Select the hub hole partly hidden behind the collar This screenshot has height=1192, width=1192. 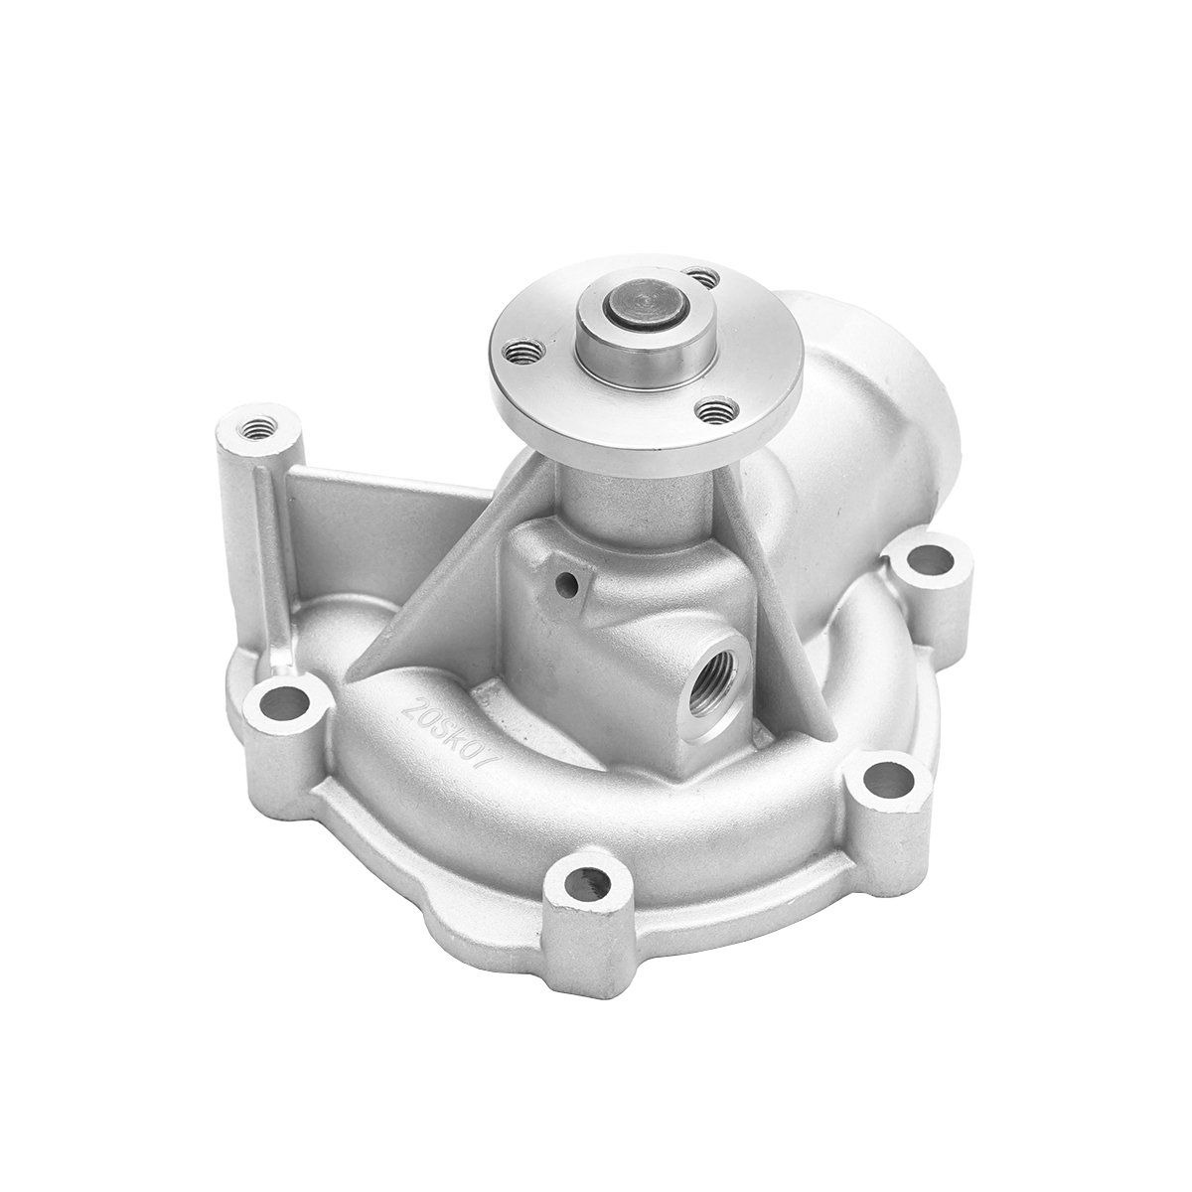[x=701, y=277]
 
